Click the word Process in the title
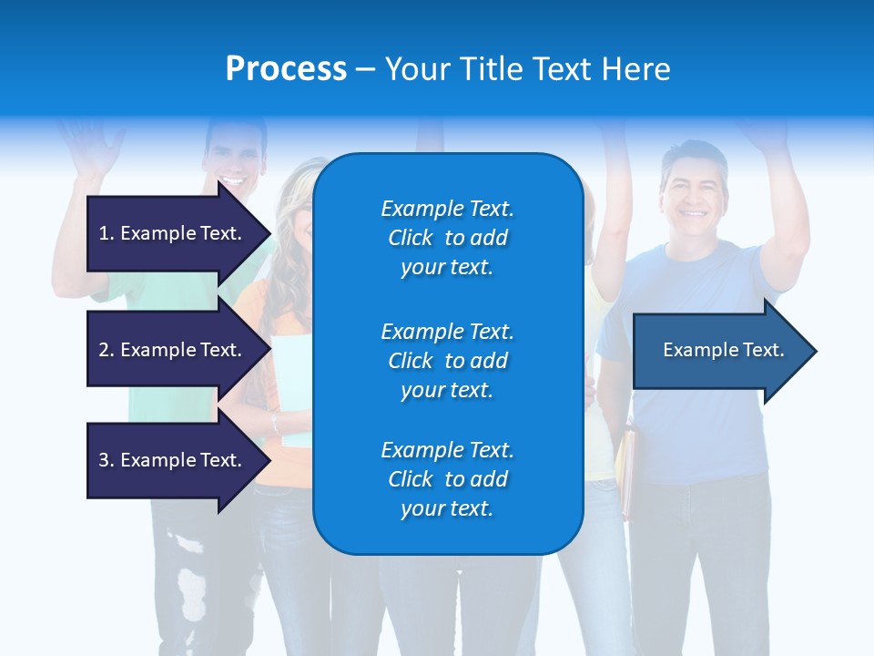pos(286,69)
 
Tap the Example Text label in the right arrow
pos(723,350)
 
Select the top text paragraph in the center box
pos(447,238)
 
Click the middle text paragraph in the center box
pos(447,361)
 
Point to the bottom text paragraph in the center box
pos(447,479)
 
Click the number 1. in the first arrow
pos(107,233)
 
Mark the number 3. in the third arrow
pos(107,460)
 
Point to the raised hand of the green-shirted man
pos(91,146)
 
